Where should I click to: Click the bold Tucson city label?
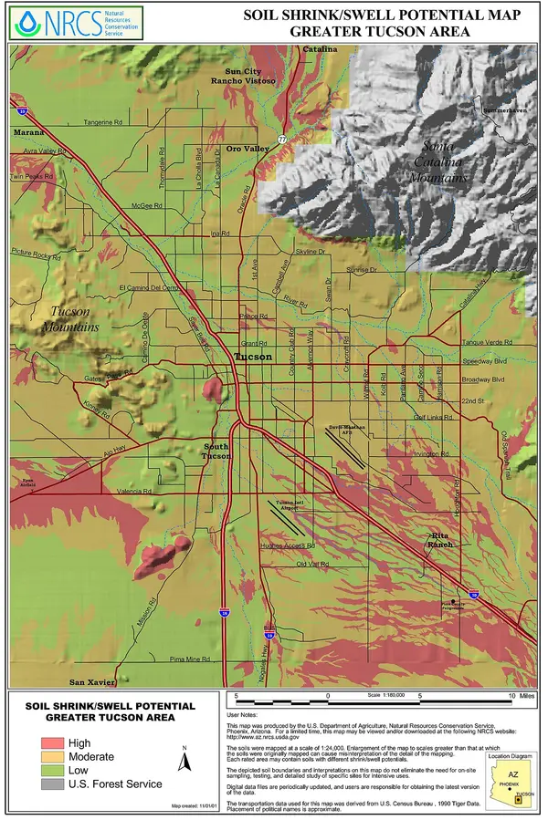[x=253, y=357]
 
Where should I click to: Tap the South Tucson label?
[x=216, y=451]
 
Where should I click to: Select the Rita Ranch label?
[x=439, y=539]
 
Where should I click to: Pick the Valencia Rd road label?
[x=133, y=491]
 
